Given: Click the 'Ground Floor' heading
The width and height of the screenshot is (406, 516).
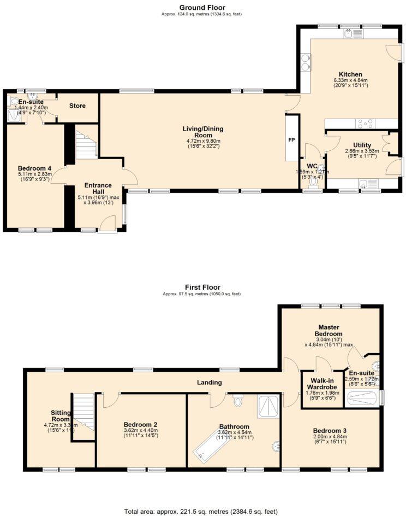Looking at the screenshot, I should coord(202,7).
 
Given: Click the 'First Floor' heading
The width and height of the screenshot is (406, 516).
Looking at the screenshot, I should coord(202,287).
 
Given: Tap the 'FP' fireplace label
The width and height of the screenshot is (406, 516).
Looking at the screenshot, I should coord(292,140).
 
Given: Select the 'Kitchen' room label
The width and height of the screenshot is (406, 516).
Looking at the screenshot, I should coord(350,74).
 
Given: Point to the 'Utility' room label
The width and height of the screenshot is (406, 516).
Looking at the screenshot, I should coord(362,145).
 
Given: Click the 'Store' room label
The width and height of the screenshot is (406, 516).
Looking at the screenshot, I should coord(77,105).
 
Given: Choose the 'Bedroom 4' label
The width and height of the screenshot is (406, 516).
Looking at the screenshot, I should coord(35,168).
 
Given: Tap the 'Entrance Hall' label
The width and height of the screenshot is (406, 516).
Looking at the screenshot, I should coord(98,189).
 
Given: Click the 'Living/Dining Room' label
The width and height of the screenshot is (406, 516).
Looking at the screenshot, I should coord(202,132).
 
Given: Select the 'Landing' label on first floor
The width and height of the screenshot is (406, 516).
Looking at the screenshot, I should coord(209,382).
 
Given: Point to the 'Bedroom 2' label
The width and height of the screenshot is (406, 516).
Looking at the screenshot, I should coord(140,424).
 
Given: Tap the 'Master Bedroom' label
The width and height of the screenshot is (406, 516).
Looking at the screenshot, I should coord(329,330).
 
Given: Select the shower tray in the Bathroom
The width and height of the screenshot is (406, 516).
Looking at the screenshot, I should coord(268,407).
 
